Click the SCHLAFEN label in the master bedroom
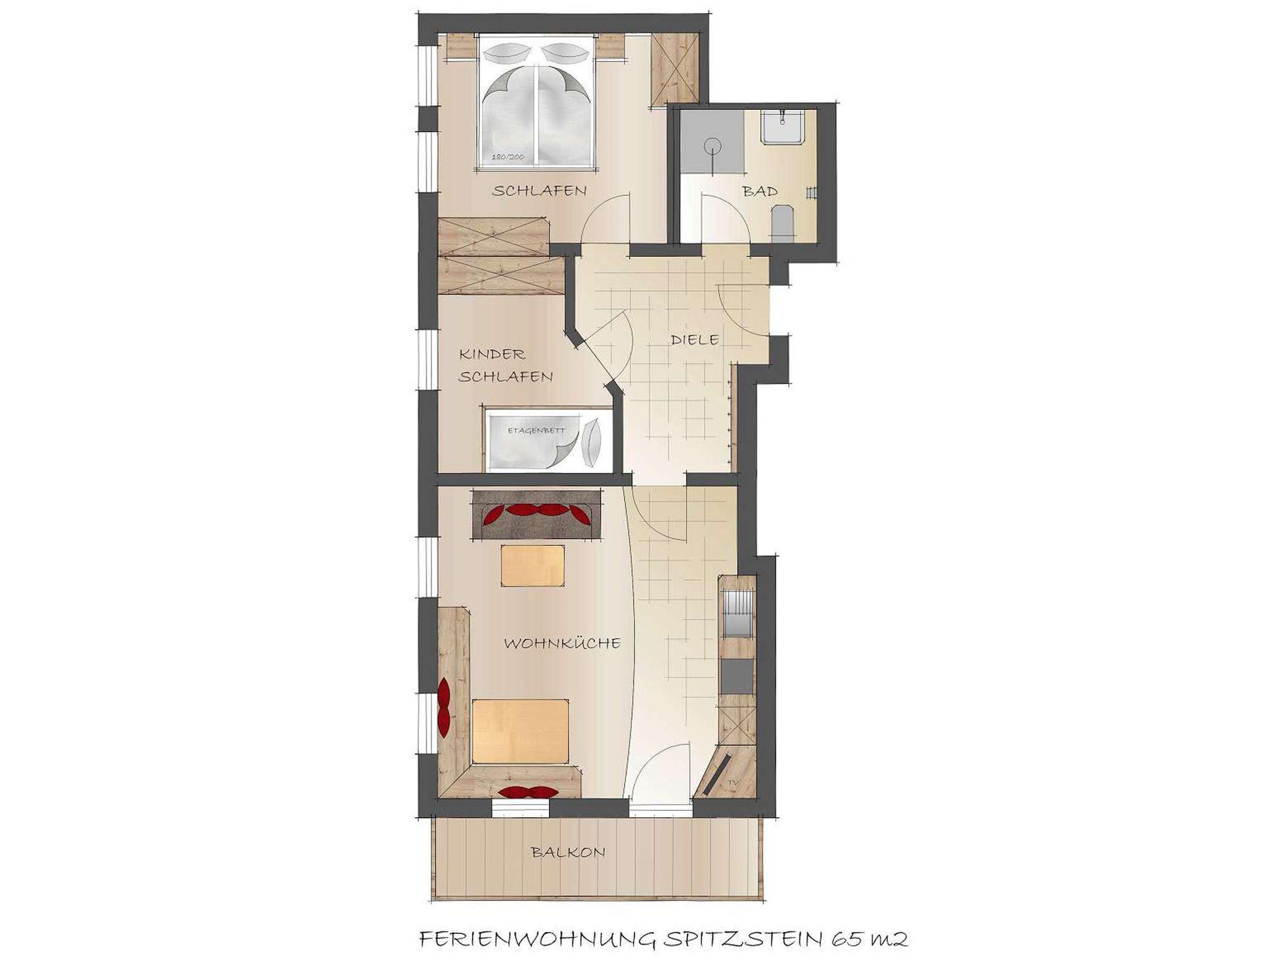coord(539,191)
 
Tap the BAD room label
coord(760,191)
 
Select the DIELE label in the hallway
coord(694,340)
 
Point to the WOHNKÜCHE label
coord(562,644)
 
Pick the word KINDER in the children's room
coord(492,354)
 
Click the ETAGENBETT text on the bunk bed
coord(536,431)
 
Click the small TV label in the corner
coord(732,783)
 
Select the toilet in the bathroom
coord(782,223)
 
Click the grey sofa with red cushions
coord(537,514)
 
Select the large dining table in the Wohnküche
coord(522,730)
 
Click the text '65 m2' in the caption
coord(870,940)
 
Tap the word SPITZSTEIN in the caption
coord(742,940)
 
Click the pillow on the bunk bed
coord(591,442)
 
